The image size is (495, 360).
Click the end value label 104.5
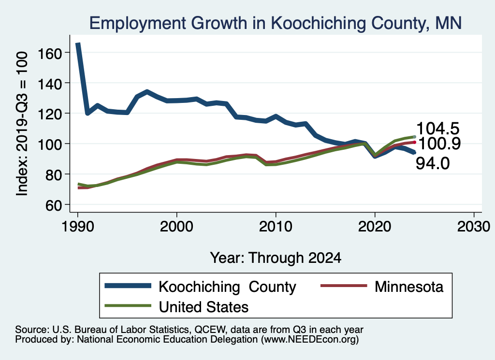pyautogui.click(x=438, y=129)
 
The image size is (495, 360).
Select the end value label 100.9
pyautogui.click(x=439, y=144)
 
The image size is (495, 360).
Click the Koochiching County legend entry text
pyautogui.click(x=227, y=287)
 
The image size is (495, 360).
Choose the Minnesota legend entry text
pyautogui.click(x=408, y=287)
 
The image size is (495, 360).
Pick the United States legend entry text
pyautogui.click(x=204, y=306)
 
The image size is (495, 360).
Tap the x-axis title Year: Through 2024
pyautogui.click(x=276, y=258)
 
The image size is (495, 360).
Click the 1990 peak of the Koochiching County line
pyautogui.click(x=78, y=44)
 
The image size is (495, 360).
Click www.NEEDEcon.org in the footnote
pyautogui.click(x=309, y=340)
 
